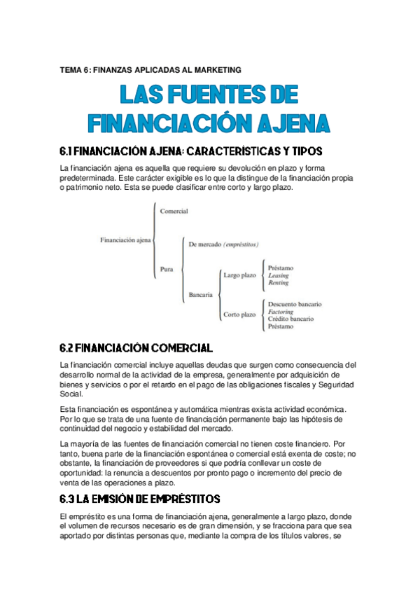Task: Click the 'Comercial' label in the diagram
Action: point(174,211)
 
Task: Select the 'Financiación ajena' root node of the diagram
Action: point(126,240)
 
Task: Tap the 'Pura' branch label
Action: point(167,268)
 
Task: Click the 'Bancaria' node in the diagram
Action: point(200,295)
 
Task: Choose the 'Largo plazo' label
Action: point(239,275)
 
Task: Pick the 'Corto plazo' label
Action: point(239,315)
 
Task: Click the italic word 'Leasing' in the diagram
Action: point(278,275)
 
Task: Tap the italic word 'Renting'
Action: point(278,283)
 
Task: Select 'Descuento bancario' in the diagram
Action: point(295,304)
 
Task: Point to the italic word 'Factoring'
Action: point(281,312)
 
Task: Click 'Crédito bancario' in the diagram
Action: point(290,319)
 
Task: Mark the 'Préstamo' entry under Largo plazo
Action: point(281,268)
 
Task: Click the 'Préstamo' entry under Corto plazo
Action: point(281,326)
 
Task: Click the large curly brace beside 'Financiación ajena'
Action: point(155,240)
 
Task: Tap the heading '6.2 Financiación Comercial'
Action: point(136,348)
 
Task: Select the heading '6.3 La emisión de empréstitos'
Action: point(140,499)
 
